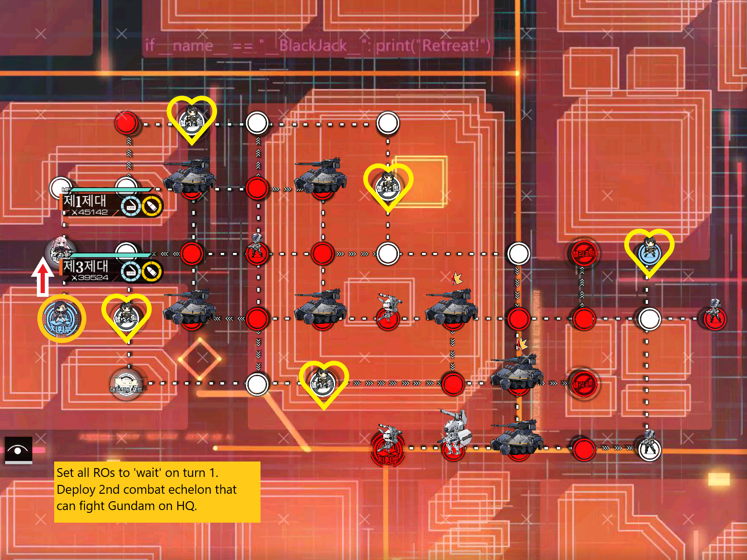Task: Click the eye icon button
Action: tap(18, 450)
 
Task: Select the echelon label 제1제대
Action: tap(85, 201)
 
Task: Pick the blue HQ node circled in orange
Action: tap(62, 319)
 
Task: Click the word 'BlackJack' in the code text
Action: tap(313, 46)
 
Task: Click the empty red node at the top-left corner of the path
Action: tap(126, 123)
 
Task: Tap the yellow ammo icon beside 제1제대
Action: tap(152, 206)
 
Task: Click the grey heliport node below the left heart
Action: tap(126, 384)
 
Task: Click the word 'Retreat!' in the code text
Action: tap(450, 46)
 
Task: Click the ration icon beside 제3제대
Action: tap(131, 272)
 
